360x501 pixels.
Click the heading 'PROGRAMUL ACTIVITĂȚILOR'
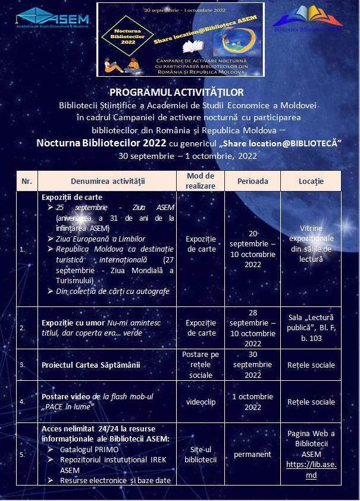[x=177, y=92]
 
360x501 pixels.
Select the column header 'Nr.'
[x=27, y=181]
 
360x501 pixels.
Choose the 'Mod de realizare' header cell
[x=201, y=181]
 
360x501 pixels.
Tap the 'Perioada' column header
[x=253, y=181]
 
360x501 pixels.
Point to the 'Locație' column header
[x=311, y=181]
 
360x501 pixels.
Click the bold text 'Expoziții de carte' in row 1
[x=72, y=197]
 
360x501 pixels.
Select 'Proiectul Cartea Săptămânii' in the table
[x=91, y=365]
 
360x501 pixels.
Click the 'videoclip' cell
[x=201, y=402]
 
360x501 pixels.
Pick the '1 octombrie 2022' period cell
[x=253, y=402]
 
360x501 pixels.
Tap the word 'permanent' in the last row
[x=253, y=455]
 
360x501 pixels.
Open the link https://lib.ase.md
[x=311, y=469]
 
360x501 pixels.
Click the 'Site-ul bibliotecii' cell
[x=201, y=455]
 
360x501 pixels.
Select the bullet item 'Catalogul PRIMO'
[x=89, y=449]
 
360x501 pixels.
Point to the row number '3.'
[x=22, y=365]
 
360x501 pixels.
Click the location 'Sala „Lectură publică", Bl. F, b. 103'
[x=311, y=328]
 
